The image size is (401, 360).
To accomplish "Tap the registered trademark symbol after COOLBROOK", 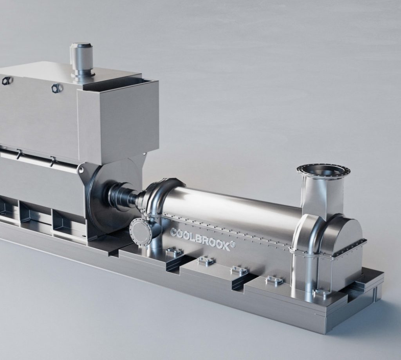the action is click(x=233, y=244).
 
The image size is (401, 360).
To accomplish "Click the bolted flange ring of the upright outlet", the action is click(x=323, y=170).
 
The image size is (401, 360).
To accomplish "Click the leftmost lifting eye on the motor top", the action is click(x=7, y=80).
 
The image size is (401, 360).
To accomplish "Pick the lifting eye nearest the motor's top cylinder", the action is click(x=56, y=88).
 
